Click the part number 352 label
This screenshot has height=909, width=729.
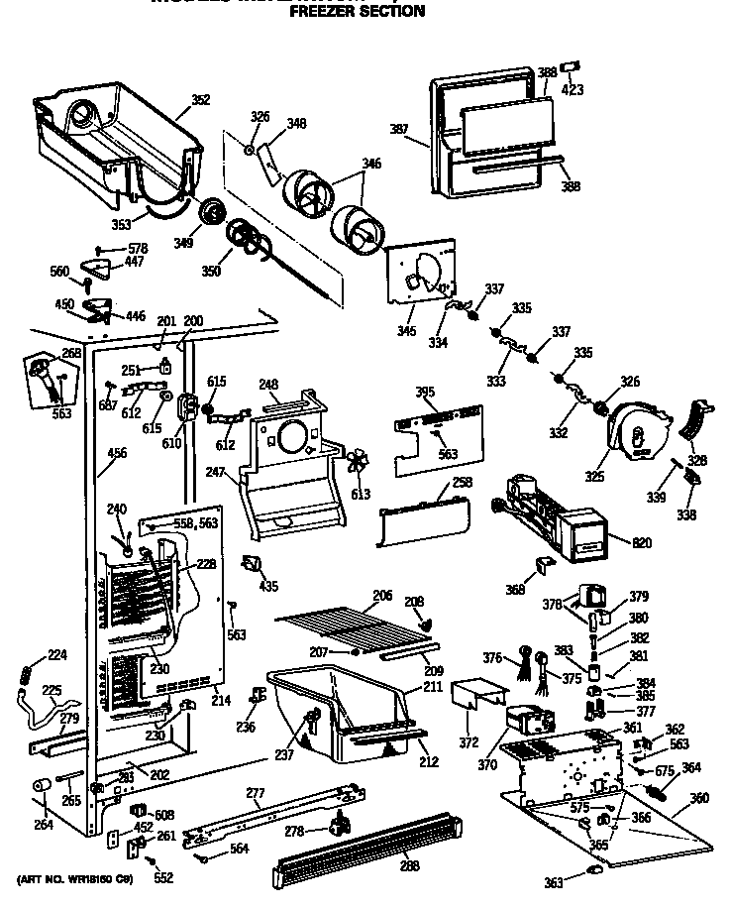(201, 99)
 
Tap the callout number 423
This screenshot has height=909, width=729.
(573, 90)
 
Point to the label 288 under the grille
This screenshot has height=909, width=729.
(409, 865)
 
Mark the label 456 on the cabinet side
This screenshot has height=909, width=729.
(117, 453)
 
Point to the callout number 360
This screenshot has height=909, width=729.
(699, 798)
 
